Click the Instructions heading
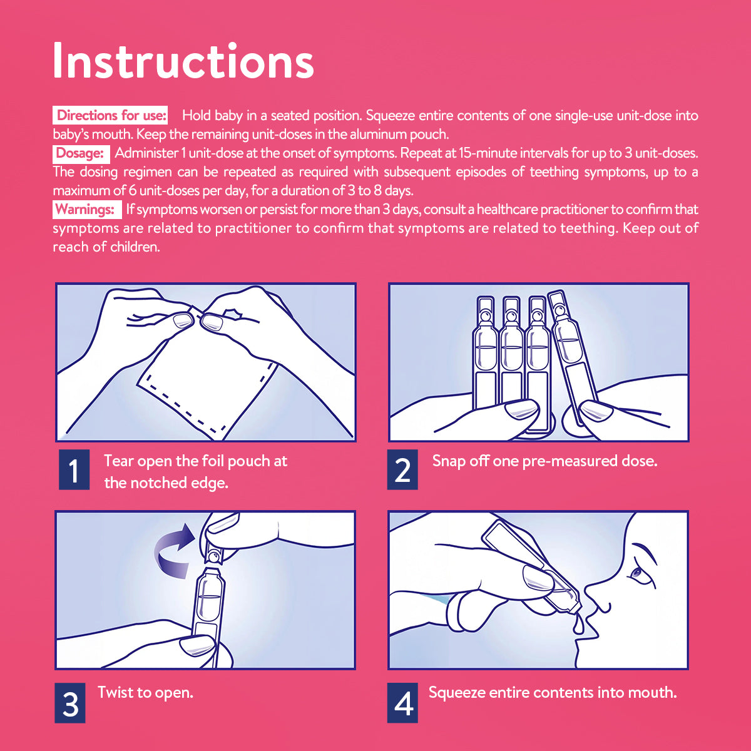(x=183, y=61)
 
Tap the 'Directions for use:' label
(x=111, y=115)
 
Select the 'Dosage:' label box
(x=81, y=153)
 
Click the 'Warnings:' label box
(x=87, y=210)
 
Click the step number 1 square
(x=74, y=469)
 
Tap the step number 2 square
(x=402, y=469)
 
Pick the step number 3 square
(x=69, y=703)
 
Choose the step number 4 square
(x=402, y=703)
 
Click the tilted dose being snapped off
(x=572, y=357)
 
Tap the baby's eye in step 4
(x=637, y=573)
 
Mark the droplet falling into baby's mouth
(x=578, y=625)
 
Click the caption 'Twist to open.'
(x=145, y=693)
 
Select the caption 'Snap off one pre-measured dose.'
(x=545, y=461)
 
